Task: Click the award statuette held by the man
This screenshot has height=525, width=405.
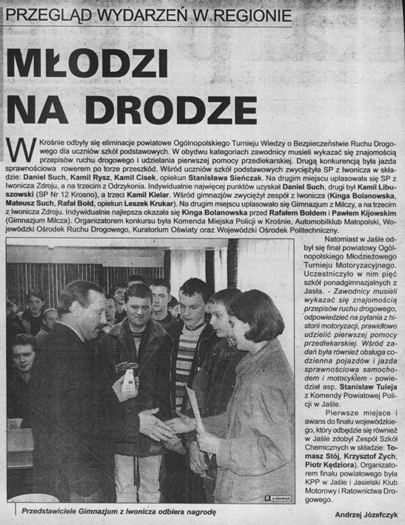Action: point(128,380)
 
